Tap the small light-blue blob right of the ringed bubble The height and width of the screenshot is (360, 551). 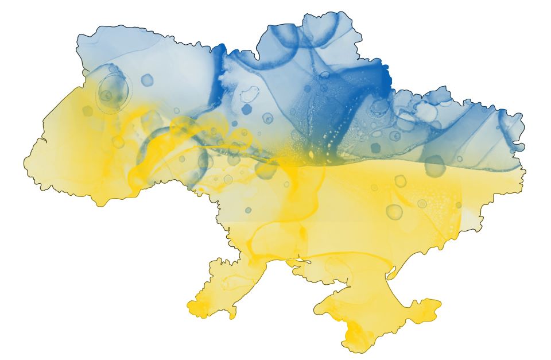[x=147, y=80]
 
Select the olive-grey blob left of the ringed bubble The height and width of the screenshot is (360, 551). [x=87, y=110]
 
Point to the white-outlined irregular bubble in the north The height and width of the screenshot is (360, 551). [x=250, y=94]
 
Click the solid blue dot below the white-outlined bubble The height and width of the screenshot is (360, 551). [x=247, y=110]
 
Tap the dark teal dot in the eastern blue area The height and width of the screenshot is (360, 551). [x=376, y=148]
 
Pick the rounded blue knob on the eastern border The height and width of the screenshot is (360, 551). [x=518, y=146]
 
